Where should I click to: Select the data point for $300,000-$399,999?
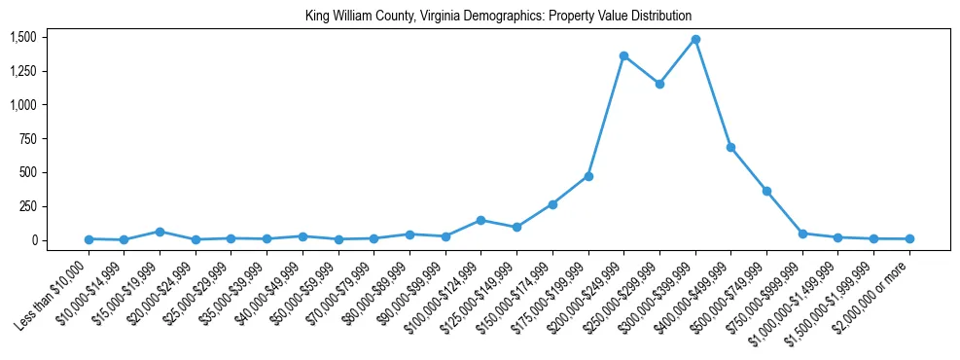coord(695,40)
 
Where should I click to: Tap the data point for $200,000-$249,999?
coord(623,55)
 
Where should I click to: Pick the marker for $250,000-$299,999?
coord(659,84)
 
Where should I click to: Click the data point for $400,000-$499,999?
coord(730,147)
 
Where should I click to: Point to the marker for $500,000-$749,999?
coord(766,191)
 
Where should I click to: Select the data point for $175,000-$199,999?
coord(588,176)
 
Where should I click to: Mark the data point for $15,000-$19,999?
coord(160,232)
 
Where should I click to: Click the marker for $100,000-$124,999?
coord(480,220)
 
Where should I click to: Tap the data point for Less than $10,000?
coord(89,238)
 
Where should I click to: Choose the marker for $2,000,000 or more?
coord(909,238)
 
